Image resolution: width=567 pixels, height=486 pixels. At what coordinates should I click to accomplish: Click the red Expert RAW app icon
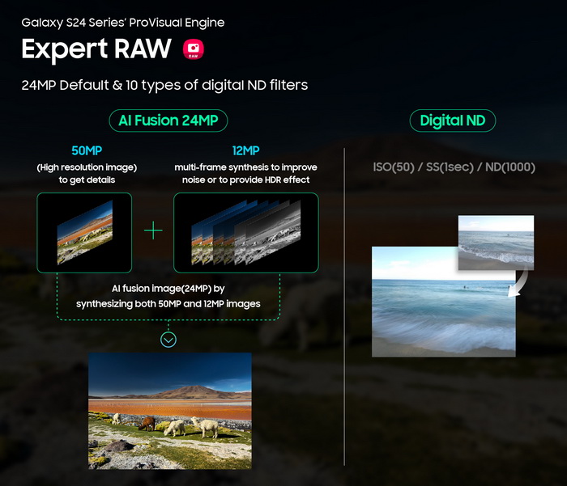193,49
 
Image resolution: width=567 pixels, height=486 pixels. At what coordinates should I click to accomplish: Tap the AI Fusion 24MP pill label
168,120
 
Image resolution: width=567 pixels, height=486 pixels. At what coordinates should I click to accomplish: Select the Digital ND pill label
452,120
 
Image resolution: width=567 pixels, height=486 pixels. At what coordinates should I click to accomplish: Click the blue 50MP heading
87,150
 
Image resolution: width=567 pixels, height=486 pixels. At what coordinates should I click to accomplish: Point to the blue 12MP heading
246,150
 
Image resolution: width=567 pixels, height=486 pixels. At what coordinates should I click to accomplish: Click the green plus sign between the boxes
153,230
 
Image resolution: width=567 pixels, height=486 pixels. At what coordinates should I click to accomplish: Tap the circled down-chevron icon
168,340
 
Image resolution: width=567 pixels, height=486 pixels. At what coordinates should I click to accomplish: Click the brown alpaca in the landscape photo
147,424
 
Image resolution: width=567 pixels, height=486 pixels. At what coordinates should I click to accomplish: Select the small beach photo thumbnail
496,243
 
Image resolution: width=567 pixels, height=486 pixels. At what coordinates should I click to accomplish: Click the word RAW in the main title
143,49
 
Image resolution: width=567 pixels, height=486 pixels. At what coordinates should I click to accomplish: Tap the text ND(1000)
509,167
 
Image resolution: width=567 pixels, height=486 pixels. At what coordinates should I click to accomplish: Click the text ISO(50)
394,167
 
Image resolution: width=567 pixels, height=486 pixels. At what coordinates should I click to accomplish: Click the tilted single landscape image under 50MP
85,233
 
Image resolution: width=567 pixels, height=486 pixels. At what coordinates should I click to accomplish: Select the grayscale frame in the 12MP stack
267,233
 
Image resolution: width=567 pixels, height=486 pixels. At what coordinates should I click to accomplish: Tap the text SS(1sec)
450,167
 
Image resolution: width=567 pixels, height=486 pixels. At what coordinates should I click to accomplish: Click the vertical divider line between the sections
344,307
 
